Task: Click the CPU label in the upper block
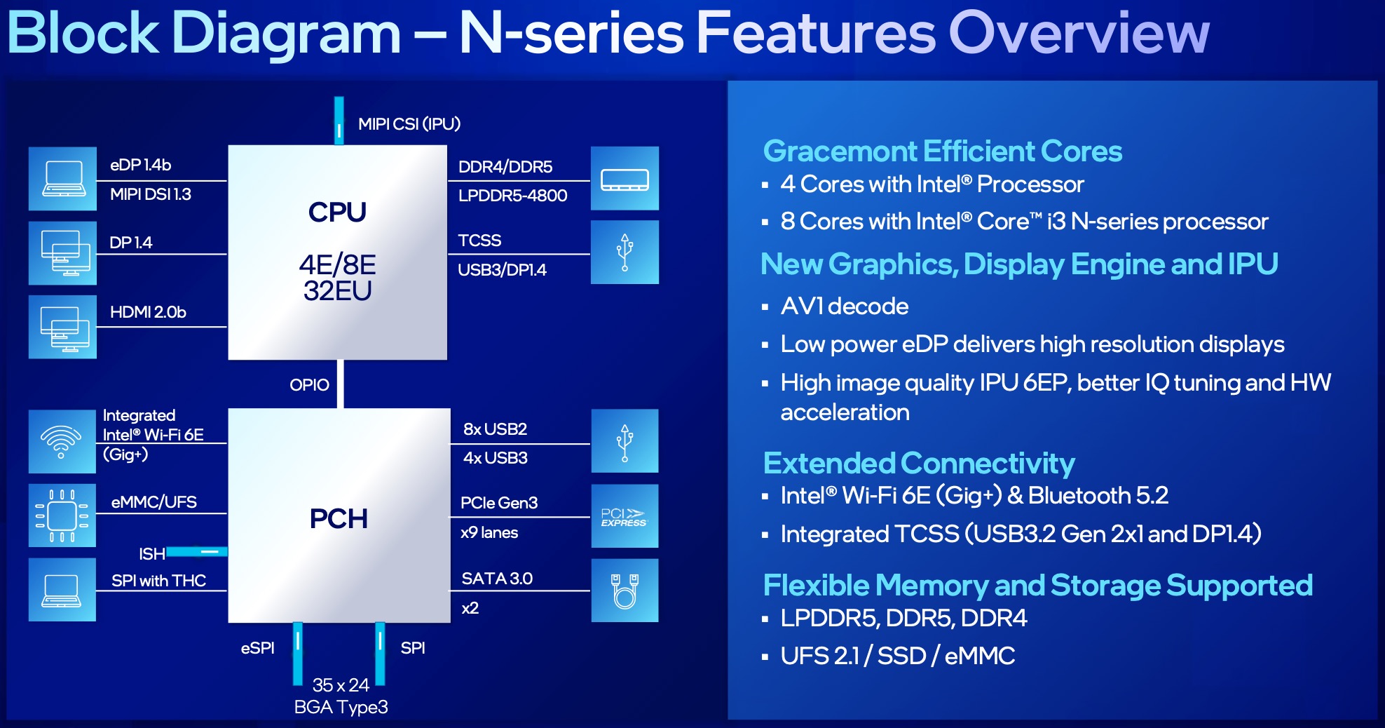pos(337,213)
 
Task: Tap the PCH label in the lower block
pos(339,519)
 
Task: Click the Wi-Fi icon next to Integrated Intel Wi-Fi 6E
pos(62,441)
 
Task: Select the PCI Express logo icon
pos(624,516)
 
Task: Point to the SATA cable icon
pos(624,591)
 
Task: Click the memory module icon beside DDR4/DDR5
pos(624,179)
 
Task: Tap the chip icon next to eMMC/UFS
pos(62,515)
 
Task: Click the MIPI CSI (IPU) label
pos(409,124)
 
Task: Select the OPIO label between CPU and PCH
pos(309,385)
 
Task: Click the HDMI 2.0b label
pos(148,312)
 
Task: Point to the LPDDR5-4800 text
pos(512,196)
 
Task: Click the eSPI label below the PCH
pos(257,648)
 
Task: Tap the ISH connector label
pos(151,554)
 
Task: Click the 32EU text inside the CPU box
pos(337,291)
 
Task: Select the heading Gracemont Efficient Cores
pos(942,151)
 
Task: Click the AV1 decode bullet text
pos(844,306)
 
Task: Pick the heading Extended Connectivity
pos(918,464)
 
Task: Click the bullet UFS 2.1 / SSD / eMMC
pos(897,656)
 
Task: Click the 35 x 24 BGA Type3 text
pos(341,696)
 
